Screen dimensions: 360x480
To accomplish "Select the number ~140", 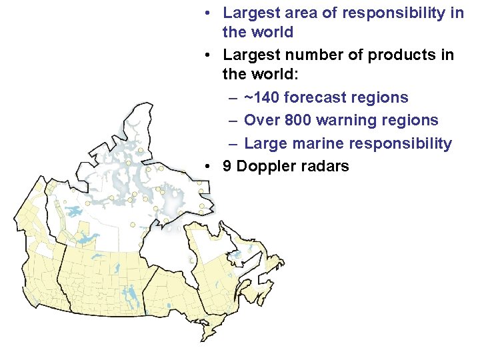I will coord(261,98).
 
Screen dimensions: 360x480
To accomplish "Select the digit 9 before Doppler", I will coord(227,166).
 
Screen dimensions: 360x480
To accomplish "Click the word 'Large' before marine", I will coord(265,143).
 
